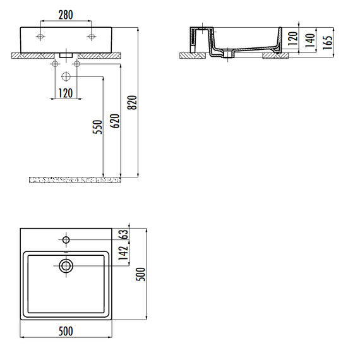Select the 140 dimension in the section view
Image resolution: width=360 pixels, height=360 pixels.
tap(309, 42)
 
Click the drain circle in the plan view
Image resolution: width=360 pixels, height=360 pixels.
tap(66, 266)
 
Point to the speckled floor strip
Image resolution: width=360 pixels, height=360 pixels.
tap(75, 180)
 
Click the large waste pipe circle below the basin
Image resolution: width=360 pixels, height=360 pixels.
tap(66, 77)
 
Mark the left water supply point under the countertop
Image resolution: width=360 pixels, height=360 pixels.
tap(54, 64)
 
